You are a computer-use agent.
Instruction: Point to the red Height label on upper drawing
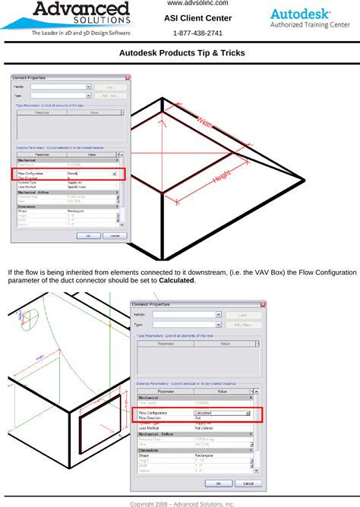coord(221,177)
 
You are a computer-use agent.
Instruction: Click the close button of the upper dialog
coord(126,77)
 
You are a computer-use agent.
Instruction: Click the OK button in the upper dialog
coord(88,235)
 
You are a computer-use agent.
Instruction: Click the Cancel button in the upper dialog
coord(114,235)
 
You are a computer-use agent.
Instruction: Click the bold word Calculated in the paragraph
coord(176,281)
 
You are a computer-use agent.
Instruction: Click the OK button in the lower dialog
coord(219,483)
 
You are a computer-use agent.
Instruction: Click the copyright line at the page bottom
coord(182,502)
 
